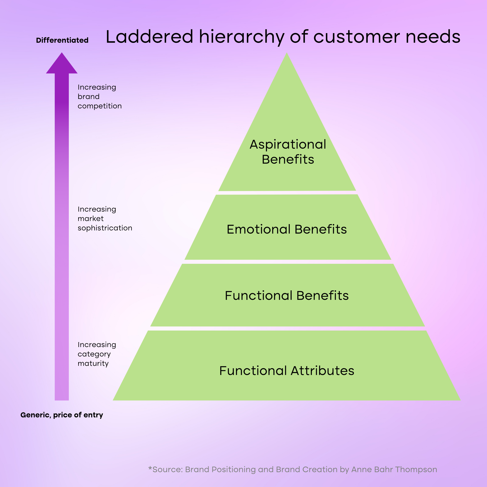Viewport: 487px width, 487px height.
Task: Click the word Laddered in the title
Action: [x=149, y=37]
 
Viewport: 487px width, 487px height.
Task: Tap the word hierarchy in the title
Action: [x=241, y=37]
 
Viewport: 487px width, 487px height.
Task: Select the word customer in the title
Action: [x=356, y=37]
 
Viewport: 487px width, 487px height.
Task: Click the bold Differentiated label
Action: [x=62, y=40]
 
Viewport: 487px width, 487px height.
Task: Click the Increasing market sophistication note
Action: [x=105, y=218]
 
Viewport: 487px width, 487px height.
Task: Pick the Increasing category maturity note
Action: [x=96, y=354]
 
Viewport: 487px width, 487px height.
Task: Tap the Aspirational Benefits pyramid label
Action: [x=288, y=152]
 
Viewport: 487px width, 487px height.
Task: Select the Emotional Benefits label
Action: [x=287, y=229]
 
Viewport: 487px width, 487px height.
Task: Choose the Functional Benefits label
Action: [x=287, y=295]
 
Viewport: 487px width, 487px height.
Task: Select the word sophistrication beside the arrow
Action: [x=105, y=228]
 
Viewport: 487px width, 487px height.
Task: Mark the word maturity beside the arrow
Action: [x=93, y=363]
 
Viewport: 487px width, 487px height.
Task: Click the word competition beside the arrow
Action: [x=100, y=106]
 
